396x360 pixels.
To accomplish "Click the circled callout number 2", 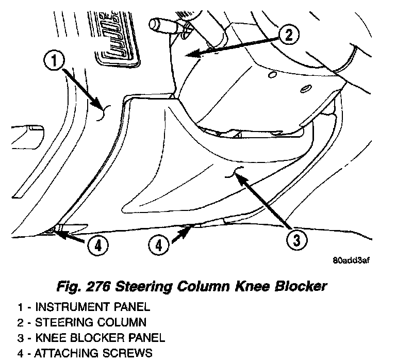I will click(289, 35).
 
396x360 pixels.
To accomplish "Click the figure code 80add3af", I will click(351, 260).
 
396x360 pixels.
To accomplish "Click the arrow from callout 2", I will click(232, 45).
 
